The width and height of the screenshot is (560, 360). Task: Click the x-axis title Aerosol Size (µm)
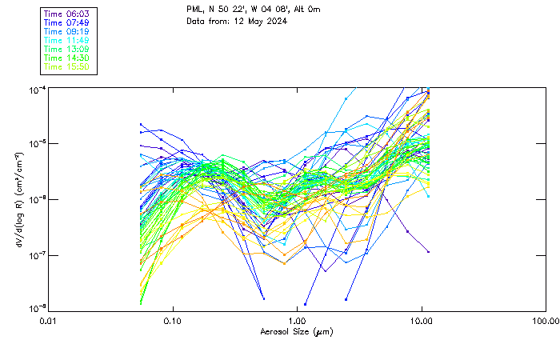[x=297, y=331]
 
